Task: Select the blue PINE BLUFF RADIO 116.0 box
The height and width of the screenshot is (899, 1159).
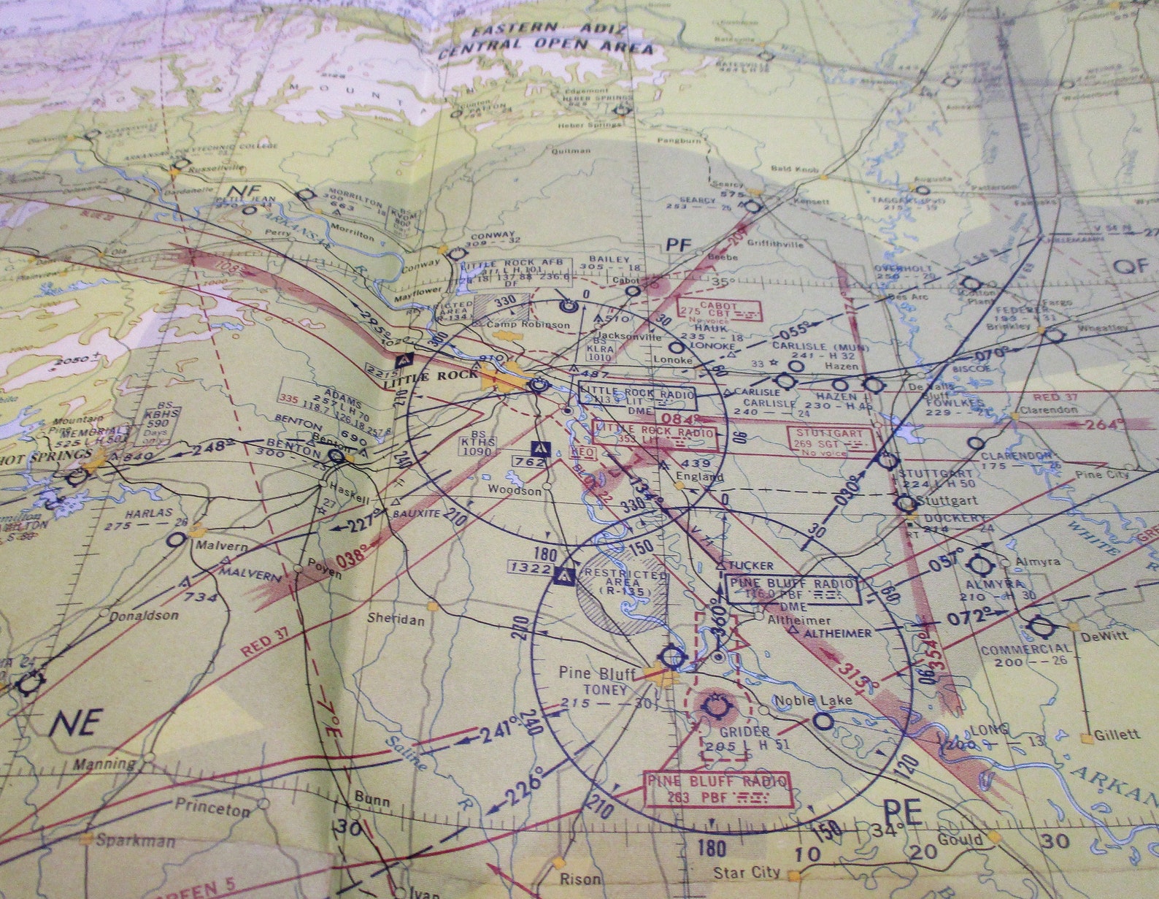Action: pos(794,590)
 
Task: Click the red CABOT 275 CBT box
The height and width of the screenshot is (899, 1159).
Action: pos(718,310)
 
